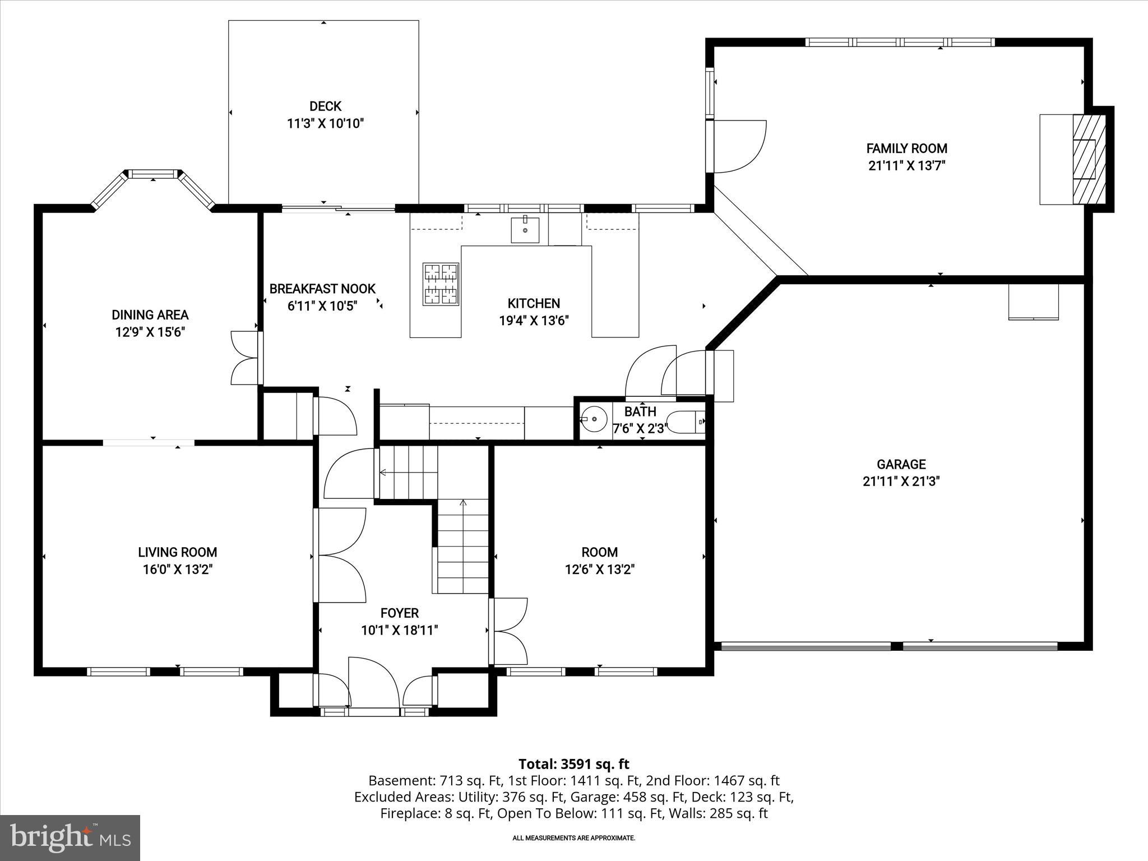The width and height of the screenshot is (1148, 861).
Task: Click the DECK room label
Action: click(x=325, y=106)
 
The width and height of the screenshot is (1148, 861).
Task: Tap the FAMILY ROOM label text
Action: click(x=906, y=149)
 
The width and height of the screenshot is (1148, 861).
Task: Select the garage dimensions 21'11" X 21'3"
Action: click(x=901, y=482)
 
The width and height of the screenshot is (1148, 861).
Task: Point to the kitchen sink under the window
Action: click(x=525, y=229)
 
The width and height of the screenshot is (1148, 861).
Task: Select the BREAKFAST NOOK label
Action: click(x=322, y=289)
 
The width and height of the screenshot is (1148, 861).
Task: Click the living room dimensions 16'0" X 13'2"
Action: click(x=178, y=570)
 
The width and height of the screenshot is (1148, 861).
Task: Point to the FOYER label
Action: click(x=399, y=613)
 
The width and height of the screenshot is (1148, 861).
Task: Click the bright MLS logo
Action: click(x=70, y=837)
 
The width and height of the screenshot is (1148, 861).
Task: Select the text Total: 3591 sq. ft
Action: click(x=573, y=764)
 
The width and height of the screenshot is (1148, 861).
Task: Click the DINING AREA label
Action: click(x=150, y=315)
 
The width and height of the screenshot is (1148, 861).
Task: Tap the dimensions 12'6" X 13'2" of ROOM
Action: click(x=599, y=570)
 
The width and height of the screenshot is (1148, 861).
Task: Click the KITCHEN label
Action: click(x=534, y=303)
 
